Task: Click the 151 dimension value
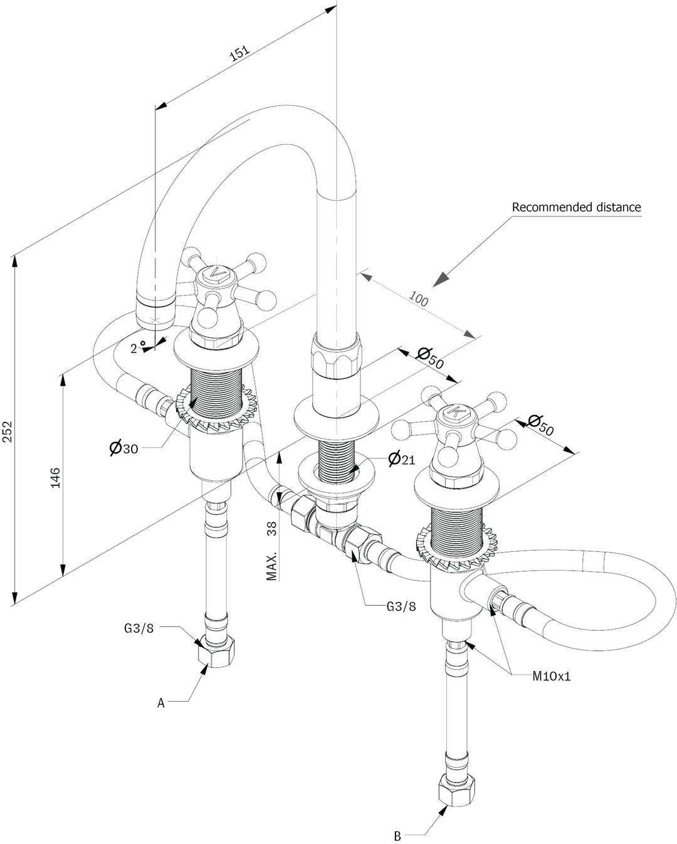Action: coord(239,53)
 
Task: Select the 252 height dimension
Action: coord(8,431)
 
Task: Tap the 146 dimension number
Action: coord(56,478)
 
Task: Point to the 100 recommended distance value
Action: coord(419,299)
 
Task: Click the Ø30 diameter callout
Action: coord(124,448)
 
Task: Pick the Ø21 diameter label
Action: coord(401,458)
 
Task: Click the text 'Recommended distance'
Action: coord(577,207)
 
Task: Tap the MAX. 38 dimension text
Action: coord(271,551)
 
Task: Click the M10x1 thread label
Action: coord(552,676)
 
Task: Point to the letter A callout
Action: coord(160,703)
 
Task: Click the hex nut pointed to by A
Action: coord(216,654)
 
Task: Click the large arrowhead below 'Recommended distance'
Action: coord(441,279)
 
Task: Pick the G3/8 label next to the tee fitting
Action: coord(401,606)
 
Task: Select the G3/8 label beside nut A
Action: coord(139,628)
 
